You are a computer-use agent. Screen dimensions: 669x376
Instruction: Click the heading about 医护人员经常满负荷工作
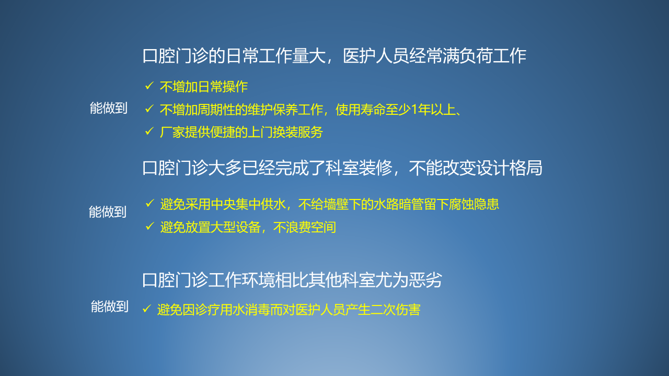pyautogui.click(x=334, y=56)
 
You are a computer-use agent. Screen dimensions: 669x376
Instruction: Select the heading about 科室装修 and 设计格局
pyautogui.click(x=342, y=168)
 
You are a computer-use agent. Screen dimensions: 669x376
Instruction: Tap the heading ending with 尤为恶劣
pyautogui.click(x=292, y=280)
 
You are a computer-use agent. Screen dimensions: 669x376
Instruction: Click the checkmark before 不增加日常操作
pyautogui.click(x=149, y=86)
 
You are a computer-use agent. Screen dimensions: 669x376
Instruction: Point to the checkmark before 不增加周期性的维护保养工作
pyautogui.click(x=149, y=109)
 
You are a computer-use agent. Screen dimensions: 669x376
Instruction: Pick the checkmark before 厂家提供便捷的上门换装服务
pyautogui.click(x=149, y=131)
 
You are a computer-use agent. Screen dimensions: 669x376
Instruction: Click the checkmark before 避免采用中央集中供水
pyautogui.click(x=149, y=204)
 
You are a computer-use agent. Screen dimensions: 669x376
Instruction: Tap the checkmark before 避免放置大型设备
pyautogui.click(x=149, y=226)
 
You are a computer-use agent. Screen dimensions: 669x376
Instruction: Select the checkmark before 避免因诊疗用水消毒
pyautogui.click(x=147, y=309)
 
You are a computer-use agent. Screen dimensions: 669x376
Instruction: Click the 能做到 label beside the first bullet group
pyautogui.click(x=109, y=108)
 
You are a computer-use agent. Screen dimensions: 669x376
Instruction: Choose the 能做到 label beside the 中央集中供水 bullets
pyautogui.click(x=108, y=212)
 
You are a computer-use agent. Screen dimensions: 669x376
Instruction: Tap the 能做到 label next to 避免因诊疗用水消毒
pyautogui.click(x=110, y=307)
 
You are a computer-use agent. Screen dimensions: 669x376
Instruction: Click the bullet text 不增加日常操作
pyautogui.click(x=204, y=87)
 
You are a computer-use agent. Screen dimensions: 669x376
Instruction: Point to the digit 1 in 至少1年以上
pyautogui.click(x=414, y=110)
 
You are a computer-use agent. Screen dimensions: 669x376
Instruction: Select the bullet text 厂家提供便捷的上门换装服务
pyautogui.click(x=241, y=132)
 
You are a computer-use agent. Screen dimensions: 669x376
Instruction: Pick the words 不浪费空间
pyautogui.click(x=305, y=227)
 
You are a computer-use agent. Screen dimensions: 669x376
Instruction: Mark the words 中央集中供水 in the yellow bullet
pyautogui.click(x=248, y=204)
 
